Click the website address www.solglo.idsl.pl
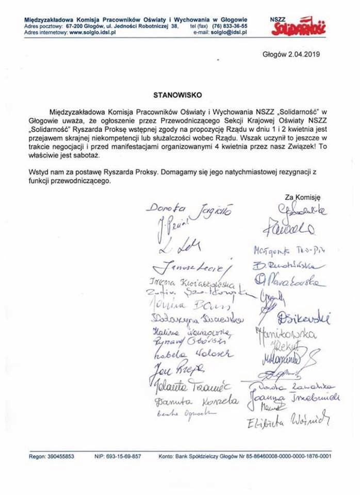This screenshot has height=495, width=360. coord(92,31)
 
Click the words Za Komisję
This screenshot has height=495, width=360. coord(303,196)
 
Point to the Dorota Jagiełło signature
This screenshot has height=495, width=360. coord(189,209)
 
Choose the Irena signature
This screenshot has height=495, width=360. coord(191,284)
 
